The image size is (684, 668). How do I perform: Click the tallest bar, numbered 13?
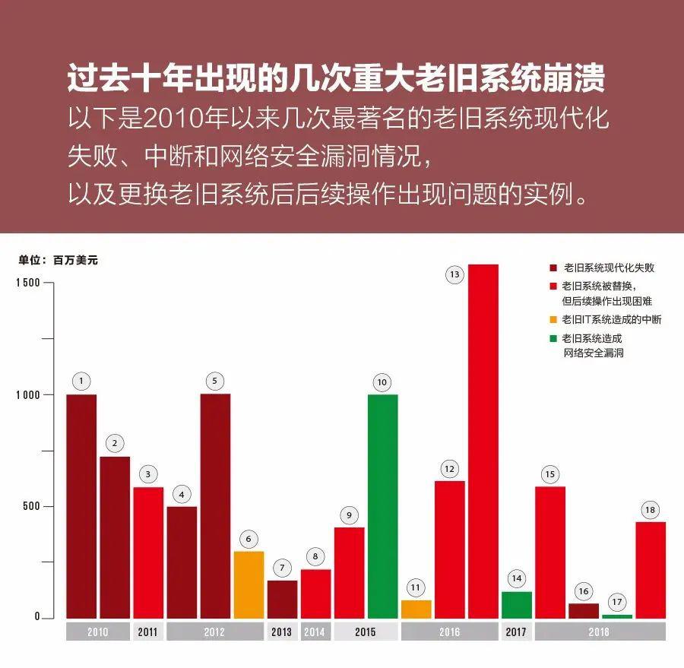pos(483,441)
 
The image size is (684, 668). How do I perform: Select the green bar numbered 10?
pos(382,505)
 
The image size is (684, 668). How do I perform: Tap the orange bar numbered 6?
pos(249,584)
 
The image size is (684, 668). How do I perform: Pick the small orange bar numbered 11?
pos(416,609)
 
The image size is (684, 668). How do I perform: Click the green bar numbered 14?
pos(516,605)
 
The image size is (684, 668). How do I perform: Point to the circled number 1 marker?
pos(81,381)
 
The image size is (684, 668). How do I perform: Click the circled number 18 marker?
pos(650,510)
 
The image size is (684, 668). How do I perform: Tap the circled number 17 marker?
pos(616,602)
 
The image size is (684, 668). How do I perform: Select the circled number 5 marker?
pos(215,381)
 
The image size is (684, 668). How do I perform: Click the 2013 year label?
pos(281,632)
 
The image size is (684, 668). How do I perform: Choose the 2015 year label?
pos(366,632)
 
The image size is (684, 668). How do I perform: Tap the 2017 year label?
pos(516,632)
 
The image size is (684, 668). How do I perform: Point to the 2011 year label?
pos(147,632)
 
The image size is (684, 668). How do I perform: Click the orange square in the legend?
pos(553,319)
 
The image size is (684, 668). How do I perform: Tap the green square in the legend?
pos(553,339)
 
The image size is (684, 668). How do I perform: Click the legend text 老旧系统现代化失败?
pos(609,268)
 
